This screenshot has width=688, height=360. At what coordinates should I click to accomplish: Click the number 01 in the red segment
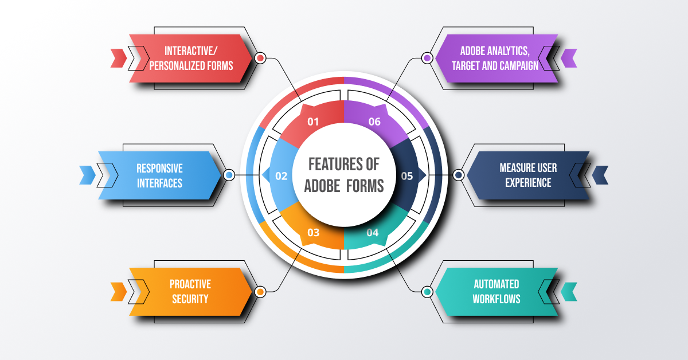click(x=313, y=122)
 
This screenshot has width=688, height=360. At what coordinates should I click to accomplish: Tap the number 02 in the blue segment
click(x=281, y=176)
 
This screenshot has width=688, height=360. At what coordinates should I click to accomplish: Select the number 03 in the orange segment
click(x=313, y=233)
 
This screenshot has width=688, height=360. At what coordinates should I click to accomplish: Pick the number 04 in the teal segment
click(x=373, y=233)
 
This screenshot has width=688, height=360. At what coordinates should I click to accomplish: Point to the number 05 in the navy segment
click(x=406, y=176)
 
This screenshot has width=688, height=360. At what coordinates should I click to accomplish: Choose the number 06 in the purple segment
click(x=374, y=122)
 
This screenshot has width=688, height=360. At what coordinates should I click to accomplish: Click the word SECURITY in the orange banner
click(x=190, y=299)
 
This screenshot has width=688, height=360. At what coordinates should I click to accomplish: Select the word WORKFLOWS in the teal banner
click(x=497, y=299)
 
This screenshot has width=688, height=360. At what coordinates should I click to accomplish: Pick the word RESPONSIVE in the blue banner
click(x=159, y=169)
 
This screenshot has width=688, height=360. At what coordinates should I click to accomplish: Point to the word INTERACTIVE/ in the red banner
click(x=190, y=50)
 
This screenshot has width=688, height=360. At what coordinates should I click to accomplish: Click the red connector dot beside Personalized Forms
click(x=260, y=58)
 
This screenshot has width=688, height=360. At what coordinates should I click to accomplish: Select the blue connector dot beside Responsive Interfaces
click(x=229, y=175)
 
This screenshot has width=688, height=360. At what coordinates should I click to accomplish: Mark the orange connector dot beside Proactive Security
click(x=260, y=292)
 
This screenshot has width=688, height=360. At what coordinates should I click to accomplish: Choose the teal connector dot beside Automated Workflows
click(x=427, y=292)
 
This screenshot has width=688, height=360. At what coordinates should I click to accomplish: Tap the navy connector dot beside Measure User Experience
click(x=459, y=175)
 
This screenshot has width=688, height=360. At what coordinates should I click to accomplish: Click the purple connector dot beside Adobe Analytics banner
click(x=427, y=58)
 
